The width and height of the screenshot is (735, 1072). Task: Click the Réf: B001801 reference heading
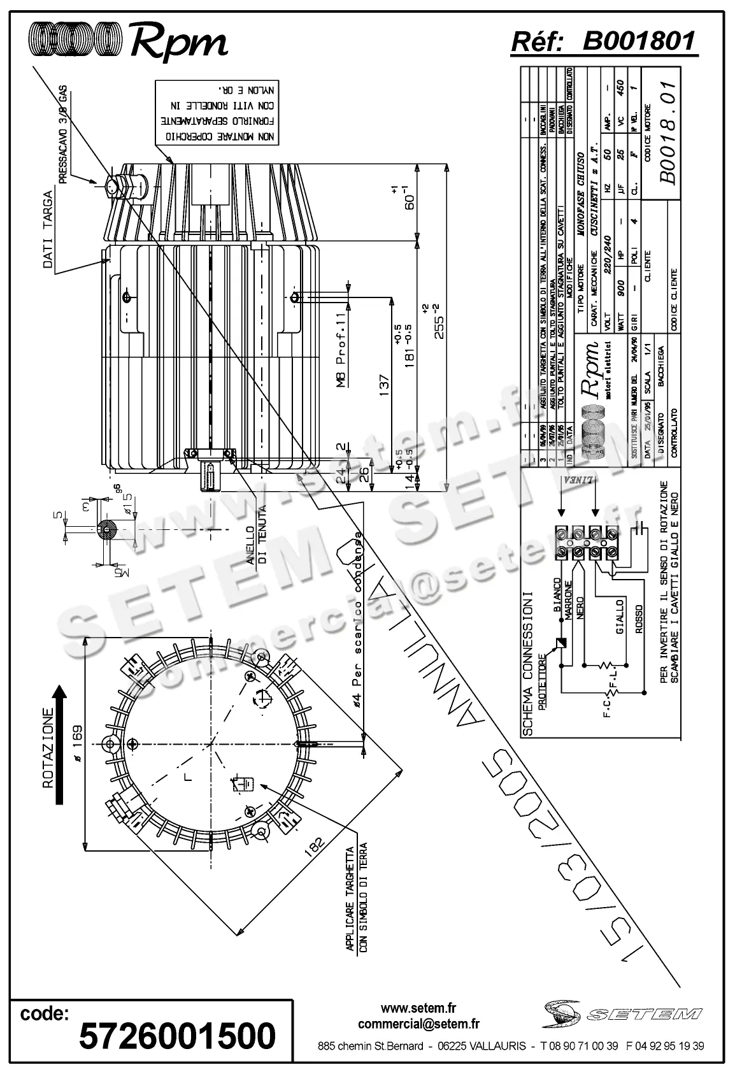[604, 41]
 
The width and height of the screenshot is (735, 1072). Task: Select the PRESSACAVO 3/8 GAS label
[64, 134]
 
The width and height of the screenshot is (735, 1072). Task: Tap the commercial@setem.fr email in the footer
[418, 1024]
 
